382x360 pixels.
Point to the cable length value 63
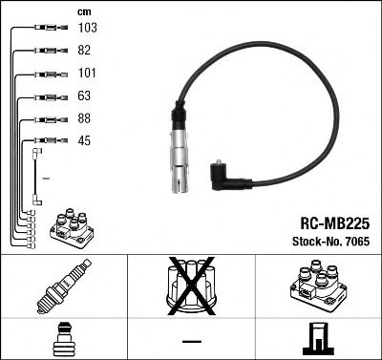point(85,96)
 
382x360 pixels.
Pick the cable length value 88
point(85,119)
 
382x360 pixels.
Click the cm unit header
point(83,11)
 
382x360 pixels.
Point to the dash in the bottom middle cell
point(191,341)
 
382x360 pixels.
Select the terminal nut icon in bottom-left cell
point(63,340)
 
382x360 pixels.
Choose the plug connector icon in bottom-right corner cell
point(317,339)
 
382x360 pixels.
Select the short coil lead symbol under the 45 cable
point(37,176)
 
